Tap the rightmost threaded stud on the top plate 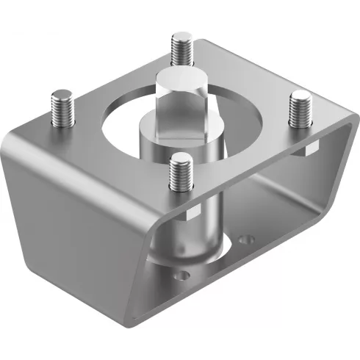(x=300, y=110)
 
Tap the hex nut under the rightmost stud (x=309, y=149)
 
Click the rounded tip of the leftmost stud (x=61, y=93)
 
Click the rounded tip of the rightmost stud (x=300, y=95)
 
